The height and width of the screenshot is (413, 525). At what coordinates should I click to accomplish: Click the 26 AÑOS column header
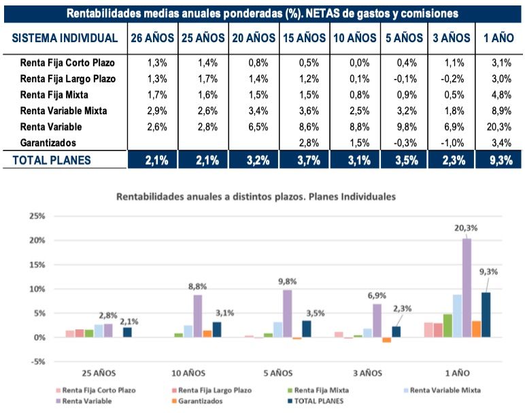[153, 39]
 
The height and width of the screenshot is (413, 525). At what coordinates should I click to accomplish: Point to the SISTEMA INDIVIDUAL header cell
[65, 39]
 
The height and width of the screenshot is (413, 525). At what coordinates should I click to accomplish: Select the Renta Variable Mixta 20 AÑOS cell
[254, 110]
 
